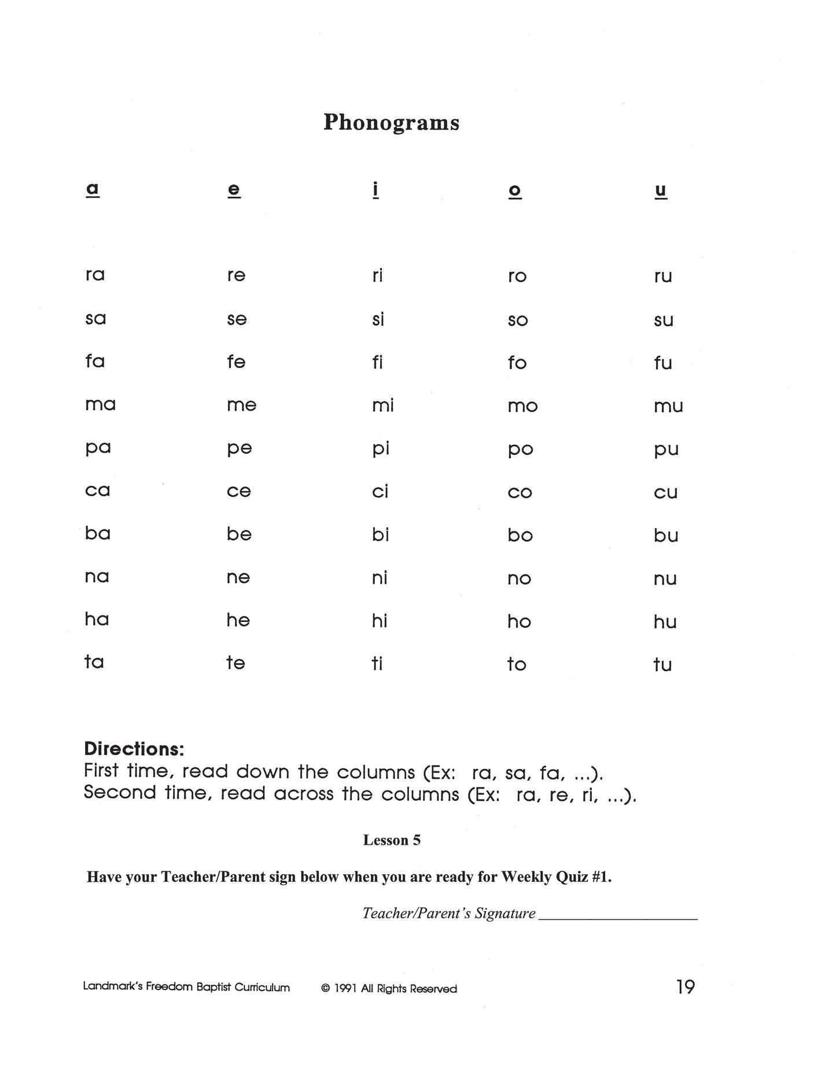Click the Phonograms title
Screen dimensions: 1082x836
point(391,122)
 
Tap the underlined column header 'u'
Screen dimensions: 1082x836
point(661,190)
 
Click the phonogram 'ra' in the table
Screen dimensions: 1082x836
point(95,274)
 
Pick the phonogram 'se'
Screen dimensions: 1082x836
point(237,319)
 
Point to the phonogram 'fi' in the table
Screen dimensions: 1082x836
point(377,362)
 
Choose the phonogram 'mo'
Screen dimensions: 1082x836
point(522,406)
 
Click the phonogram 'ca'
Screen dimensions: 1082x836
point(97,491)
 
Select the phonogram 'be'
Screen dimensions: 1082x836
point(239,533)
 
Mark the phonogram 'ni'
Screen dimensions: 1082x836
point(380,577)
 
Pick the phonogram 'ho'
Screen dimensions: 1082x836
point(519,621)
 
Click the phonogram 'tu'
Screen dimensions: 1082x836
point(662,664)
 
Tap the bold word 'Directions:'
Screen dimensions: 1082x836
point(134,749)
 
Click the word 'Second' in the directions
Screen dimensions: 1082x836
point(120,792)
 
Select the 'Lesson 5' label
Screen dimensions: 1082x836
point(392,840)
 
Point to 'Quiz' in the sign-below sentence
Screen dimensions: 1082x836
point(572,877)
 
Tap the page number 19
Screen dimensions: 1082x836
point(685,987)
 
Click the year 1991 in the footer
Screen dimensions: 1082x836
point(345,989)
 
